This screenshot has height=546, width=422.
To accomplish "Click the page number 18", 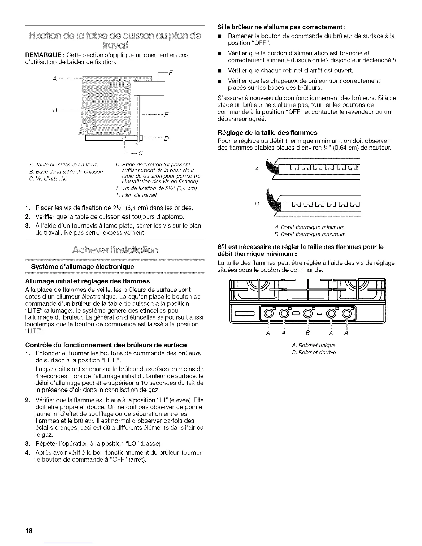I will pyautogui.click(x=28, y=530).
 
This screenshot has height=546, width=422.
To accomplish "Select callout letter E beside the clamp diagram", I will pyautogui.click(x=166, y=115).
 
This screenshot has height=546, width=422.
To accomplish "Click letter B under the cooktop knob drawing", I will pyautogui.click(x=307, y=333).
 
